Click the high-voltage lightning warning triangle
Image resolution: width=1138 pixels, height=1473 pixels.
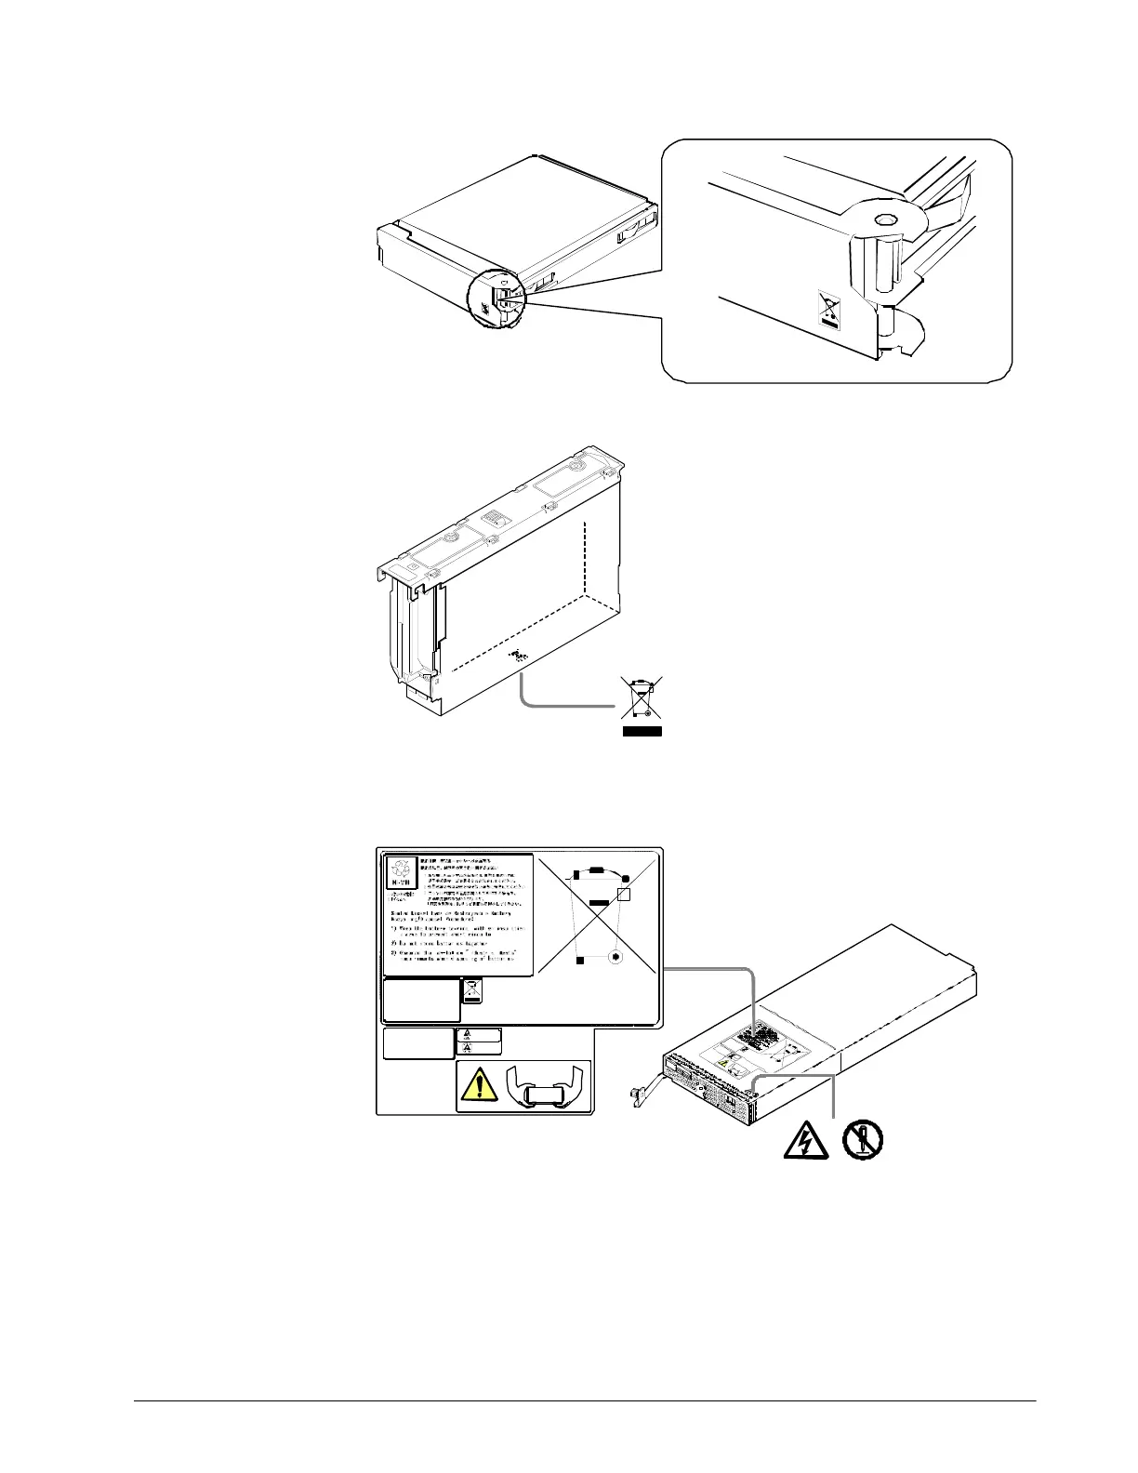point(798,1139)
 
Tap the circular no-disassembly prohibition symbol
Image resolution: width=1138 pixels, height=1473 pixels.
point(864,1138)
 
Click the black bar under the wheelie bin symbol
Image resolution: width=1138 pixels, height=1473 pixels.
point(641,732)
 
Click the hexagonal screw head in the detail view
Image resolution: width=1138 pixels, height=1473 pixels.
point(885,219)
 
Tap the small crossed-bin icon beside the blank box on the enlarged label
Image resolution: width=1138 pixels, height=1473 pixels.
point(472,991)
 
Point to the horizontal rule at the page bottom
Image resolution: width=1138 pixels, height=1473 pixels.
point(584,1400)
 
